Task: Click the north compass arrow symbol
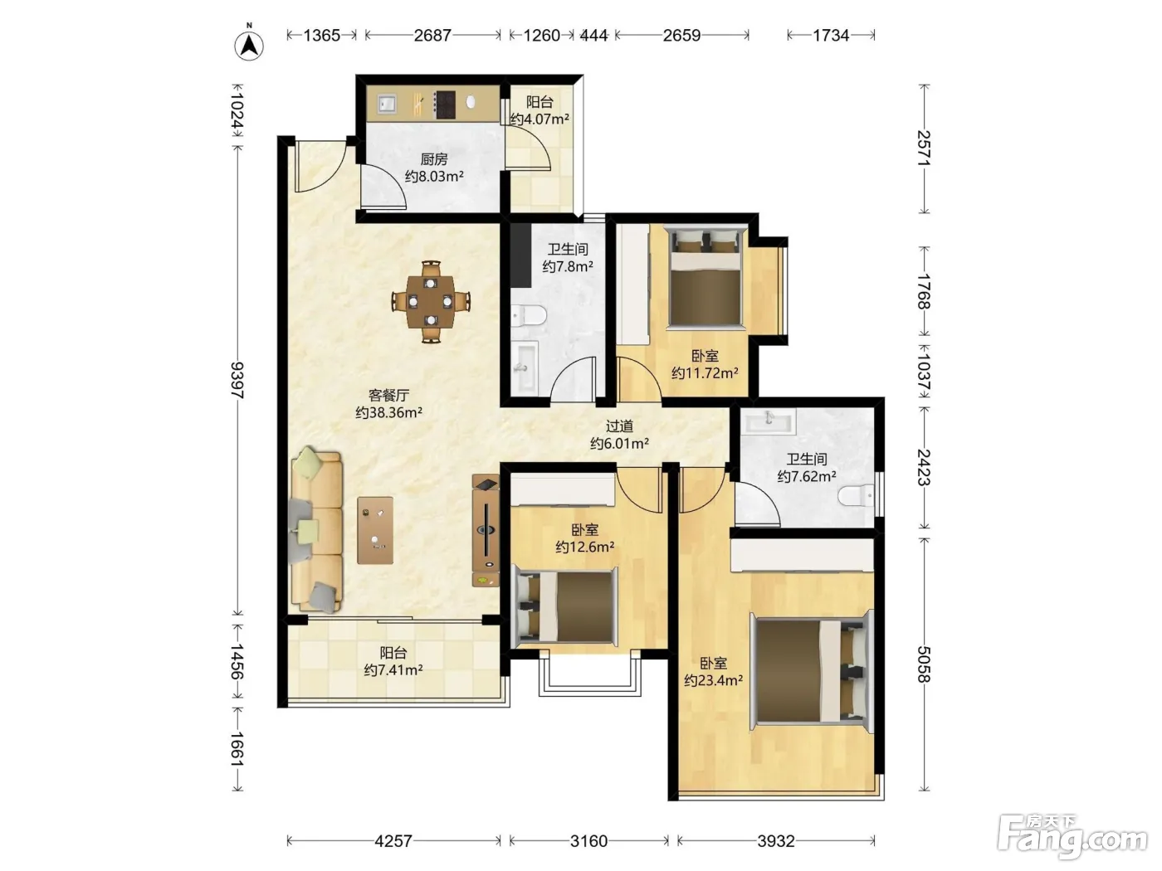[249, 46]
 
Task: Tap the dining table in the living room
[431, 301]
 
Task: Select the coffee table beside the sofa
[375, 530]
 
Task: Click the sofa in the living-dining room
[316, 530]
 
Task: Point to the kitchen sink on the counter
[387, 103]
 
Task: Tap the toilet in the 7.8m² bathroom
[529, 316]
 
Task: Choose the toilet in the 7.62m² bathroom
[856, 495]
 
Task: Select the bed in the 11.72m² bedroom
[705, 277]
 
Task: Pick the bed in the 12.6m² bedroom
[566, 607]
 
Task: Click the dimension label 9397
[237, 380]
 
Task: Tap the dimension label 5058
[924, 664]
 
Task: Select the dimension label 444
[594, 36]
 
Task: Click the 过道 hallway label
[619, 426]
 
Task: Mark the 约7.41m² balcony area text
[393, 670]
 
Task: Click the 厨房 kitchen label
[434, 158]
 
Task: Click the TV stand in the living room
[486, 530]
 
